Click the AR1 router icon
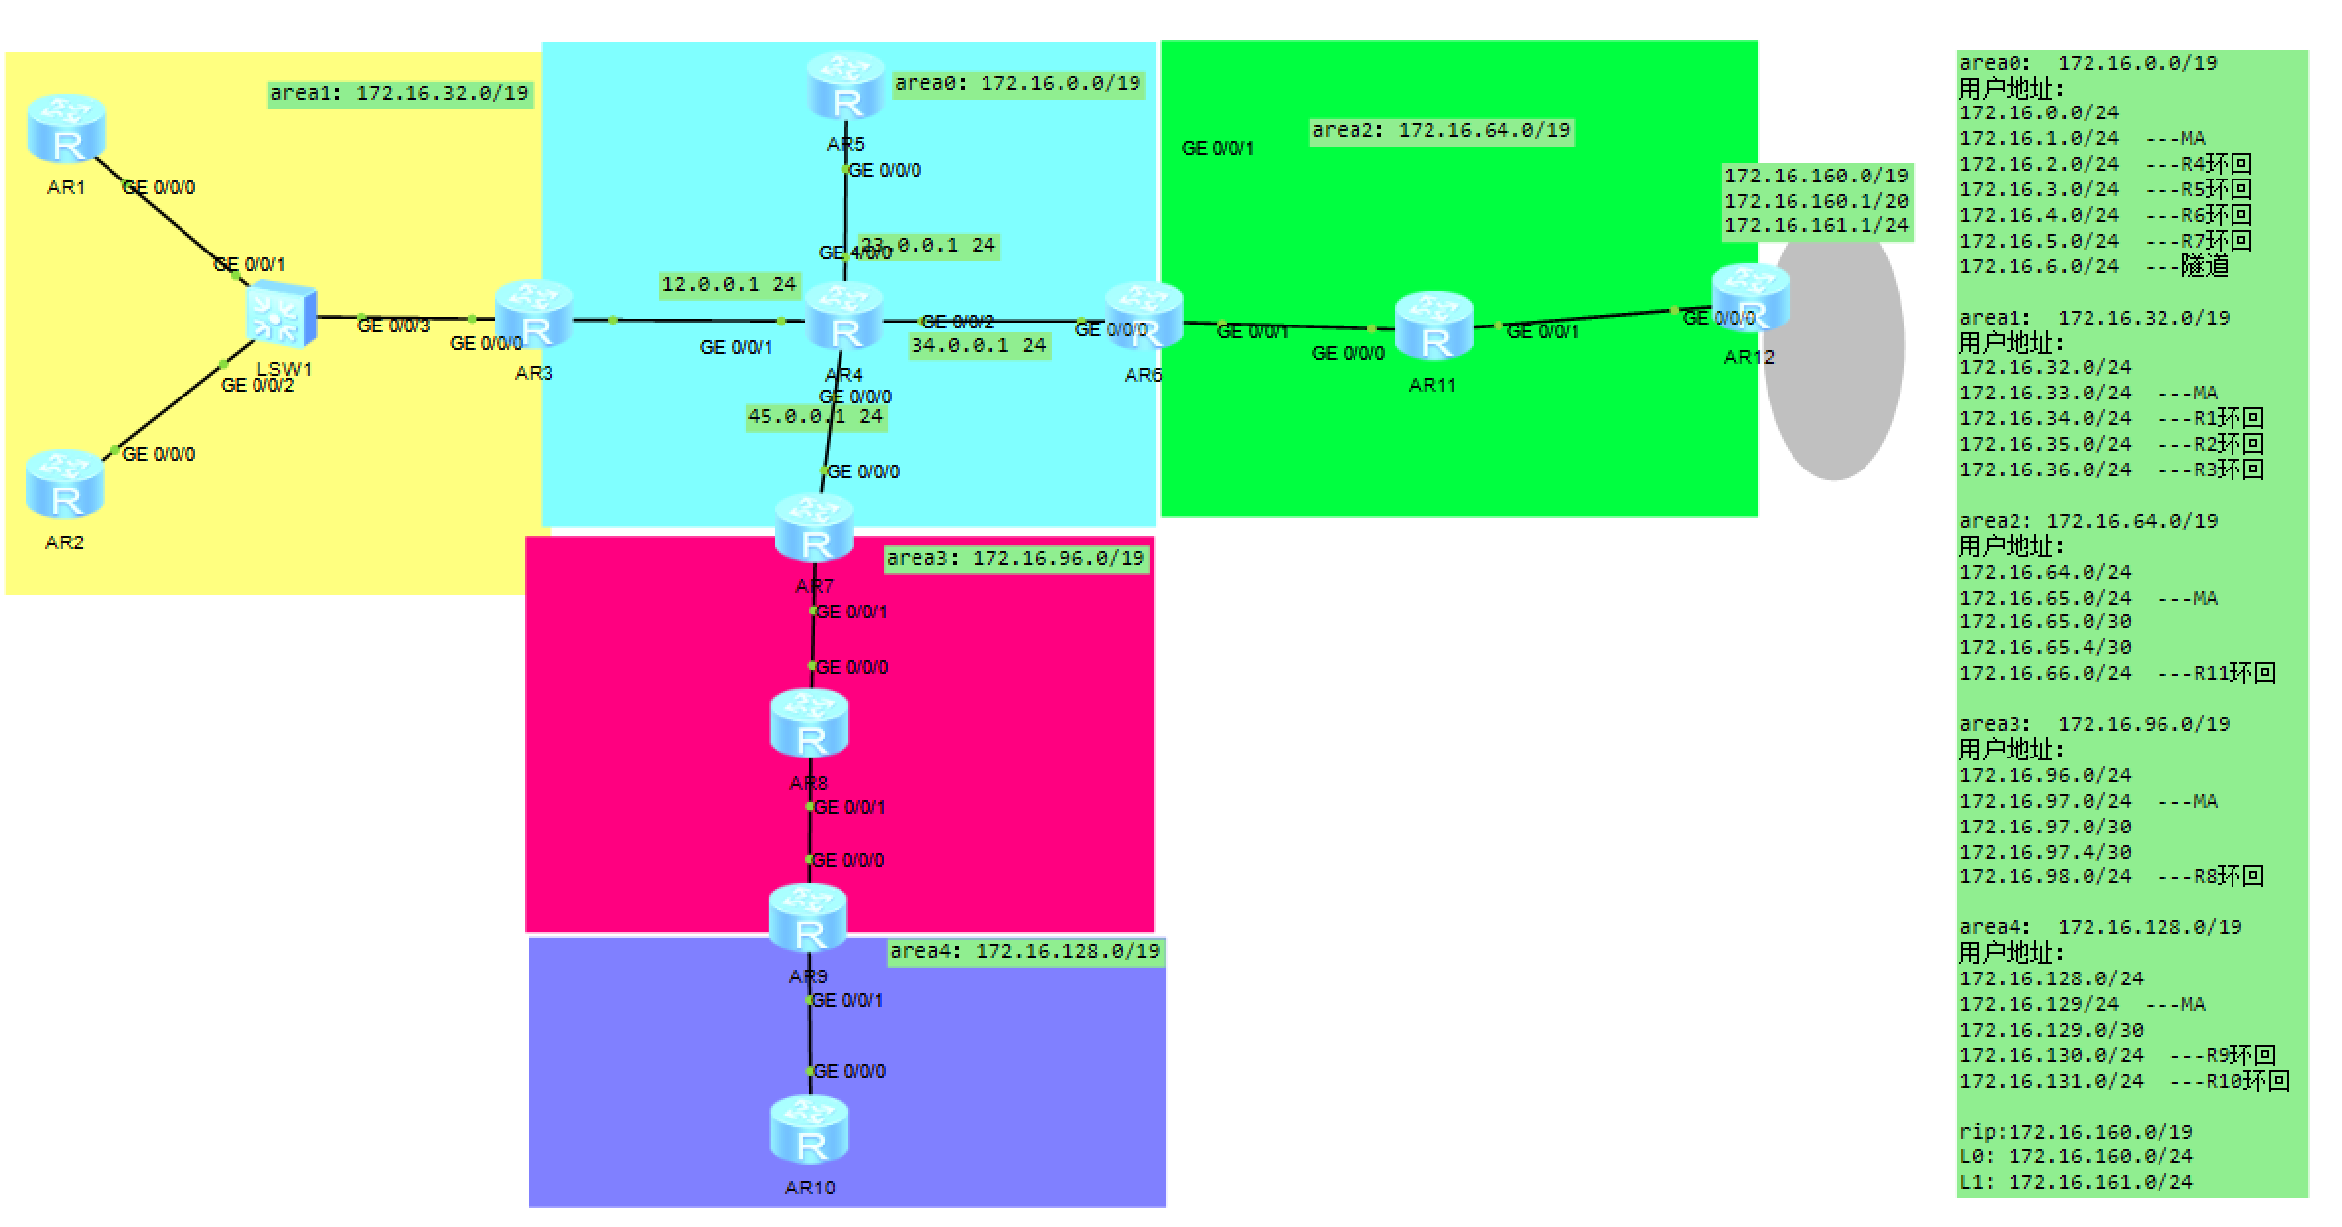[x=66, y=129]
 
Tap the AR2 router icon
[x=64, y=484]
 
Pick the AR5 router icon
[x=845, y=87]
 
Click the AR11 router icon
[x=1433, y=326]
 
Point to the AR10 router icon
[x=810, y=1130]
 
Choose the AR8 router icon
[x=810, y=724]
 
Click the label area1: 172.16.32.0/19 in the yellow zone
[x=400, y=94]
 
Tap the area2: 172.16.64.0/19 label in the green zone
[x=1440, y=131]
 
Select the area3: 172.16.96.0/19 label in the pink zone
[x=1015, y=559]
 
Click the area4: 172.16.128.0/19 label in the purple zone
[x=1024, y=952]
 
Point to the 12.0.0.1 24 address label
[x=728, y=285]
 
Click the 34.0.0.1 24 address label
[x=978, y=346]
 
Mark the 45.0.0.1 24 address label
[x=815, y=417]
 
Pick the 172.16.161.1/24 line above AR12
[x=1816, y=226]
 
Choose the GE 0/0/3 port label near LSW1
[x=393, y=326]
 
